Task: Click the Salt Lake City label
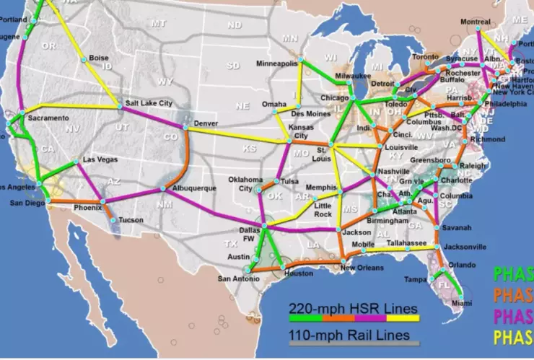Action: (149, 103)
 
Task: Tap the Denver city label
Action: (206, 123)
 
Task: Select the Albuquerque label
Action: (194, 188)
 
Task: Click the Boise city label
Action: (99, 58)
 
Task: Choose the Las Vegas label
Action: (99, 159)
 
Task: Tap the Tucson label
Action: (131, 219)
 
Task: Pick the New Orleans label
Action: (359, 268)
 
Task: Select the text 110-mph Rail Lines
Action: (349, 335)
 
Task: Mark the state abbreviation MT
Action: (158, 24)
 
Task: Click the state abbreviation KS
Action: (248, 148)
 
